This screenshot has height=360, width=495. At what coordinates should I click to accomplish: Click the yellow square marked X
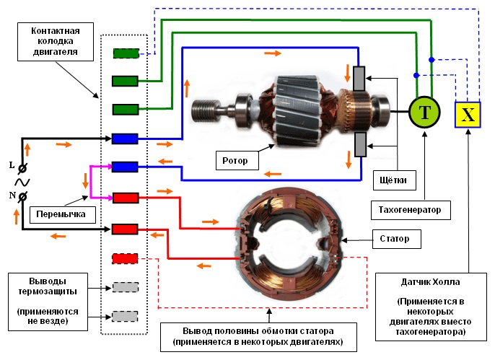pos(468,114)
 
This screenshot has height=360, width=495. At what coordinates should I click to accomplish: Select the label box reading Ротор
pos(237,158)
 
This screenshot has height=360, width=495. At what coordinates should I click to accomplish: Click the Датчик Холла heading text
pos(434,280)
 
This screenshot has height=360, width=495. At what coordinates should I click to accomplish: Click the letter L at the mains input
pos(12,164)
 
